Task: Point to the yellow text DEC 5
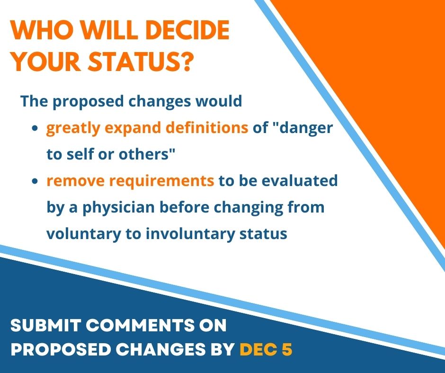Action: click(266, 349)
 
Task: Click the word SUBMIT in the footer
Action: click(46, 325)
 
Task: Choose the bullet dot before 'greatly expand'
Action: click(35, 128)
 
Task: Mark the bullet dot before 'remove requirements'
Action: click(35, 181)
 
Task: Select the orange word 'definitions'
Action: click(207, 127)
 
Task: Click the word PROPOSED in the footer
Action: click(61, 349)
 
